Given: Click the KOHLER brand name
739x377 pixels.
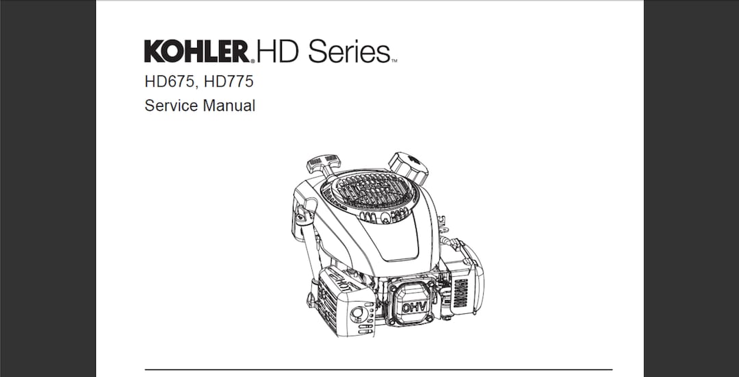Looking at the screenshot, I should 196,51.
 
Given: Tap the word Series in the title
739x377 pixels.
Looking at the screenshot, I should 348,51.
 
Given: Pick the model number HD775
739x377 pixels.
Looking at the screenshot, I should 229,82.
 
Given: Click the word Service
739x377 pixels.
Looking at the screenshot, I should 168,106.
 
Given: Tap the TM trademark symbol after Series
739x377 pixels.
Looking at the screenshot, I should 394,61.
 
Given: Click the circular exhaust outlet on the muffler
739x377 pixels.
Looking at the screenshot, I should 356,315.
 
